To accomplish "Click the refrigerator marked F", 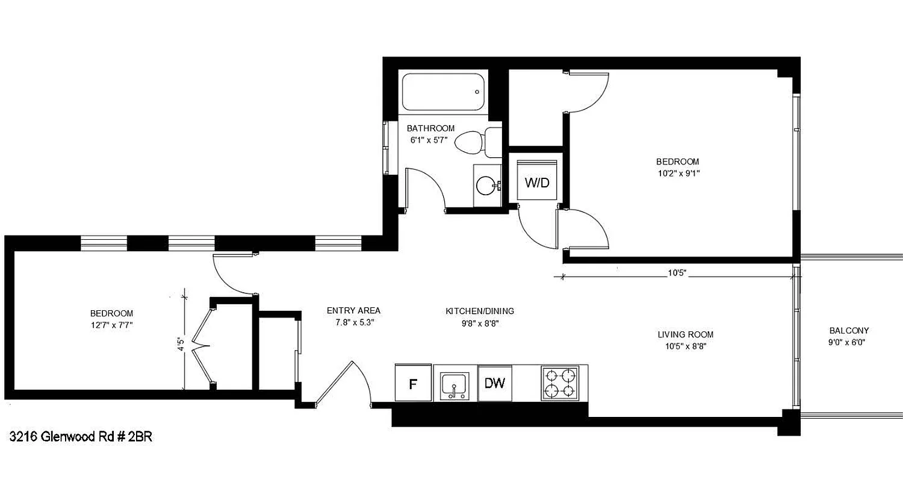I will (413, 383).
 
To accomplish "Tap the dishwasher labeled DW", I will (495, 383).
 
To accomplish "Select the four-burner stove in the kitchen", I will (559, 383).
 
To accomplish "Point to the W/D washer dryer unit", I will (537, 182).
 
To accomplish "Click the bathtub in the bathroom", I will (444, 92).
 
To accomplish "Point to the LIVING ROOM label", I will (685, 334).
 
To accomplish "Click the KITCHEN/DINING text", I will (479, 311).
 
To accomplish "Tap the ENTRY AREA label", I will (353, 311).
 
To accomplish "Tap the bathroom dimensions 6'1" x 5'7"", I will (430, 140).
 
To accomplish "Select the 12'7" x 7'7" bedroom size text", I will (111, 325).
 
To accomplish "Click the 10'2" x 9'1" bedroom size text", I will (677, 173).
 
